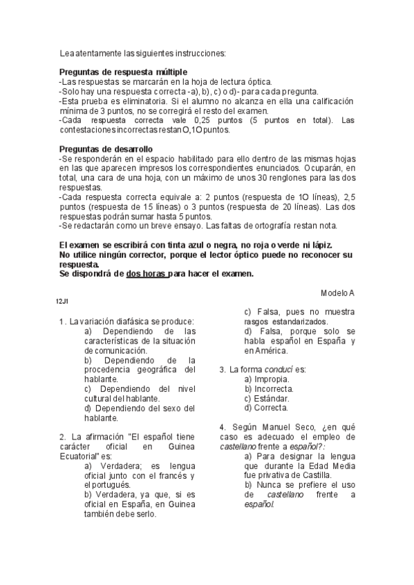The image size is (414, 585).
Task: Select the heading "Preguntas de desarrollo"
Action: click(106, 149)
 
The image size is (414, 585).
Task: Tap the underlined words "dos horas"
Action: click(146, 274)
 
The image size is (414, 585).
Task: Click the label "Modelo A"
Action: click(337, 293)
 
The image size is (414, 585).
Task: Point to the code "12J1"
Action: click(60, 300)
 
